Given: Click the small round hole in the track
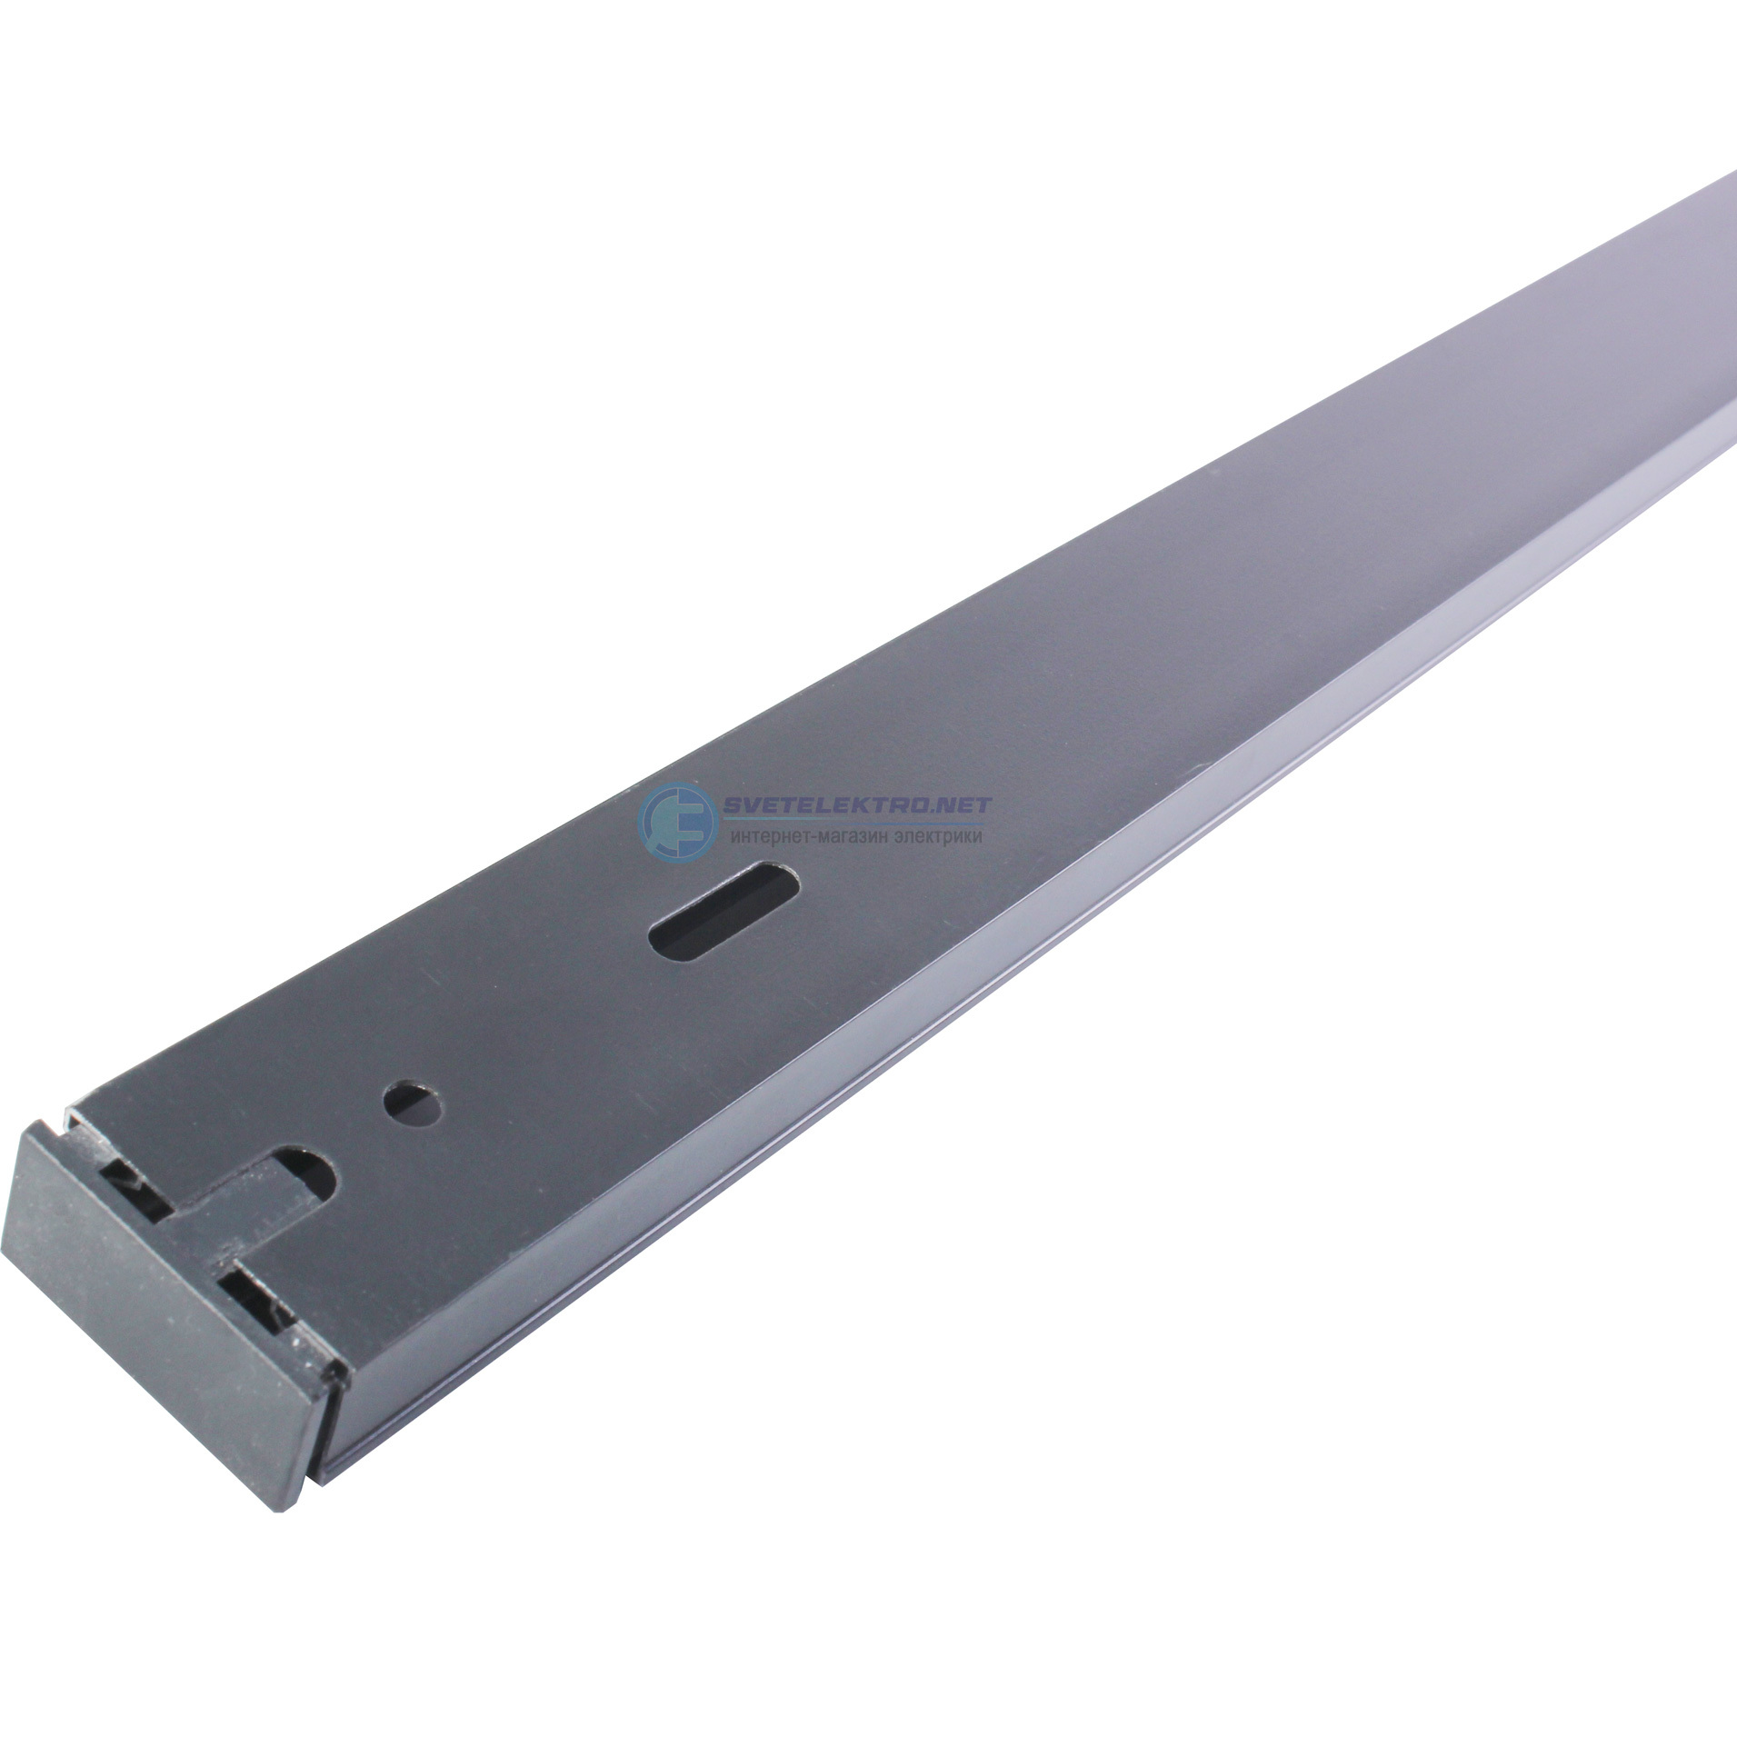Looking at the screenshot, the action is click(x=414, y=1103).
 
